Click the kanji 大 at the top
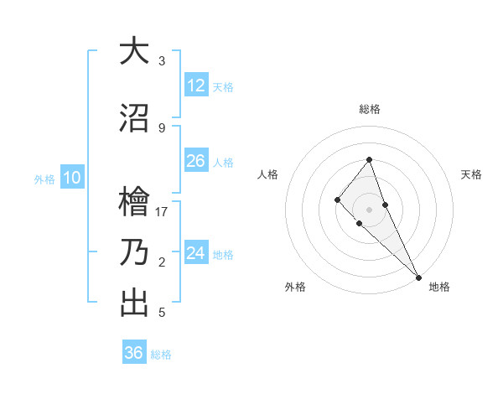point(134,52)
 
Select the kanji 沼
point(134,118)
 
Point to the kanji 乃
point(134,252)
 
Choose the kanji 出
point(134,303)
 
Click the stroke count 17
point(162,211)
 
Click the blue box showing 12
point(196,86)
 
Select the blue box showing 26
point(196,161)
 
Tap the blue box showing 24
point(196,253)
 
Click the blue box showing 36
point(134,353)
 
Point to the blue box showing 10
point(71,178)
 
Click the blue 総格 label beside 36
point(161,355)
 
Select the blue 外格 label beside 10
point(44,179)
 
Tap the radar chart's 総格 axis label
point(370,109)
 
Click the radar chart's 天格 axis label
point(471,174)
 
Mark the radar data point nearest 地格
point(417,277)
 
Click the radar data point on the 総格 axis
point(369,159)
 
